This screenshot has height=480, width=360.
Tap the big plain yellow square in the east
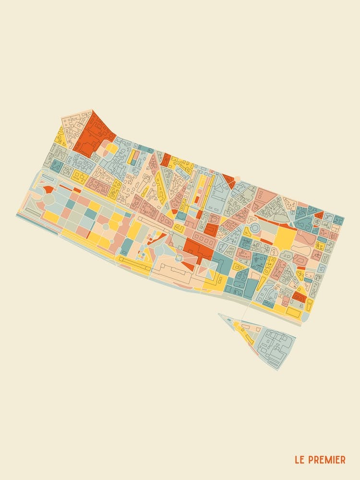(x=286, y=238)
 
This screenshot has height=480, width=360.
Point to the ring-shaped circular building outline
(x=255, y=228)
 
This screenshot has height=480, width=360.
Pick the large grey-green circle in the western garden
(x=49, y=199)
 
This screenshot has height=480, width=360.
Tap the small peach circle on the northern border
(x=237, y=179)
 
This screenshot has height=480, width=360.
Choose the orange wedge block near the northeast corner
(x=319, y=215)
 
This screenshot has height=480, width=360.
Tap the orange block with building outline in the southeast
(x=299, y=297)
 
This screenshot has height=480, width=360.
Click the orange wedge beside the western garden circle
(x=48, y=189)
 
